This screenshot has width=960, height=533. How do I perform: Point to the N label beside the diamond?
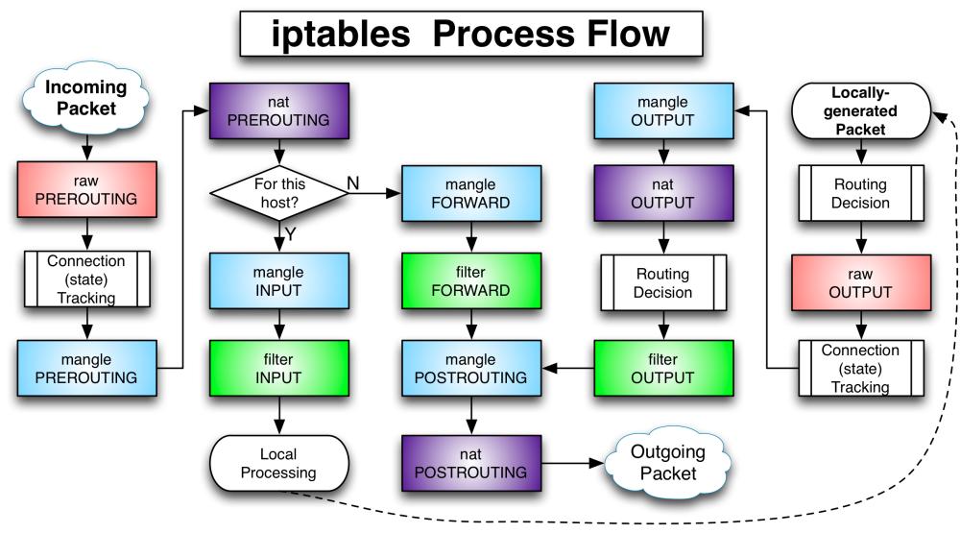352,181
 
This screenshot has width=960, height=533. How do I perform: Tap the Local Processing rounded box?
278,463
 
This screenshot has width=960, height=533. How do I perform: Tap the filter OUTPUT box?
662,368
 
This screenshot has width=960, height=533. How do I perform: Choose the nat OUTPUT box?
662,193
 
